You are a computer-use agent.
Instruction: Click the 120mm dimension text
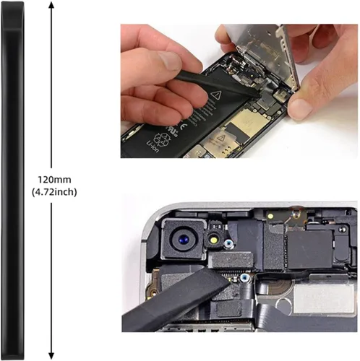click(x=54, y=180)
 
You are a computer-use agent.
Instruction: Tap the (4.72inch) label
click(x=54, y=192)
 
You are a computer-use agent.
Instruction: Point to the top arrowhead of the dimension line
click(x=51, y=5)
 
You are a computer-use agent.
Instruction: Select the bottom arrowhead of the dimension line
click(x=51, y=356)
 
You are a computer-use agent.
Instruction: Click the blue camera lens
click(x=183, y=240)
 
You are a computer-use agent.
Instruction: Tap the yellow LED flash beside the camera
click(x=213, y=240)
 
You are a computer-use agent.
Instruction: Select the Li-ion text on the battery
click(x=153, y=147)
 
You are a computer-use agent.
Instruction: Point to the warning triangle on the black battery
click(x=215, y=95)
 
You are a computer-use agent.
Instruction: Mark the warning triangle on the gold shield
click(x=220, y=139)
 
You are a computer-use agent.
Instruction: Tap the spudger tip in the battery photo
click(x=258, y=95)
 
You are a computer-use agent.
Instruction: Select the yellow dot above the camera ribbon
click(x=271, y=216)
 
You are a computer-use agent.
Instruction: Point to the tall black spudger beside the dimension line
click(x=12, y=180)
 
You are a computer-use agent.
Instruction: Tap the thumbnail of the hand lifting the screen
click(x=300, y=108)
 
